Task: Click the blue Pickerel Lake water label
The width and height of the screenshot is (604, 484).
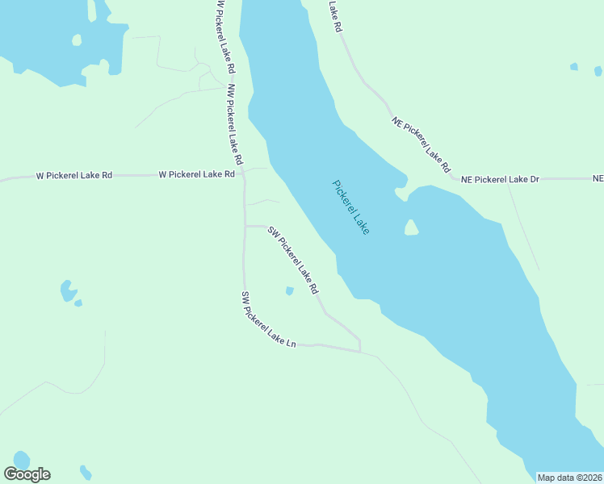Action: click(x=351, y=207)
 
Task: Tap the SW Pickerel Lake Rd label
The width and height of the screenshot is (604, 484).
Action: click(x=294, y=261)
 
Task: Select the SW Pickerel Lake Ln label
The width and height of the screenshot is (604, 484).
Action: click(x=269, y=320)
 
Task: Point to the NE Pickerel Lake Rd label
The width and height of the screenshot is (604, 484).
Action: click(x=421, y=145)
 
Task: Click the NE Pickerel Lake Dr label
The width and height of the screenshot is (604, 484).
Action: click(x=500, y=179)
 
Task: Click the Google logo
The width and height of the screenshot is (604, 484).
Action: click(x=27, y=474)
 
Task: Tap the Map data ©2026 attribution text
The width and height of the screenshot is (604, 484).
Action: click(x=569, y=478)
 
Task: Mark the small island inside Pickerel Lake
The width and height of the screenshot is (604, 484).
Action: click(x=411, y=228)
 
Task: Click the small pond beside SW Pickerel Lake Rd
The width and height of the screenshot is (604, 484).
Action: click(x=289, y=291)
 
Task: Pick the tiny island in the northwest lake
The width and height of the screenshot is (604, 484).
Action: click(x=77, y=40)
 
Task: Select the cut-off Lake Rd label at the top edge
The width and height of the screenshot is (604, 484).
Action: click(x=336, y=16)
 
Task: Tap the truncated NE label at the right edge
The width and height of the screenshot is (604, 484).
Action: click(x=598, y=178)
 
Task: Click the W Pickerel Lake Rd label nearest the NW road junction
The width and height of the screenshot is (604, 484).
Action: click(x=196, y=174)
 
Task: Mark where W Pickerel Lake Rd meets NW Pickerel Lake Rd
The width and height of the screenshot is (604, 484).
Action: click(x=242, y=174)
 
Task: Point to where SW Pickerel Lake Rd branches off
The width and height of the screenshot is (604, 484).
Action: click(x=245, y=227)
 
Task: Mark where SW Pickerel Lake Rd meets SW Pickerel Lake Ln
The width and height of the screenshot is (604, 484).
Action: click(x=359, y=352)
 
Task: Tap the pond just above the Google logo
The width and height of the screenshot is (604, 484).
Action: click(x=21, y=459)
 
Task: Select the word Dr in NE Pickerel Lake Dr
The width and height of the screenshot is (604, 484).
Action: click(x=534, y=179)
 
